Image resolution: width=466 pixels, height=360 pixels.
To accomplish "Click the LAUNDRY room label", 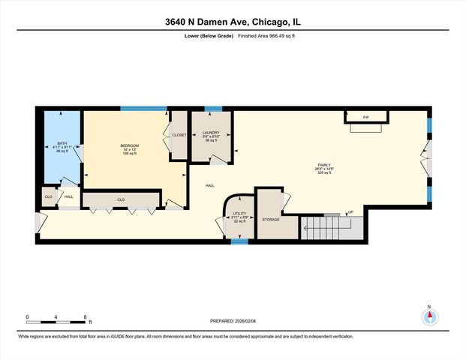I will [211, 133].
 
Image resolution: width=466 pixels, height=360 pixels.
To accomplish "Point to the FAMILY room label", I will [324, 164].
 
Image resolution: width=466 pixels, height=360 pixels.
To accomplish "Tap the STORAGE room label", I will [271, 220].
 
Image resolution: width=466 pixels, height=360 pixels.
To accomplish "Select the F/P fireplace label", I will [366, 118].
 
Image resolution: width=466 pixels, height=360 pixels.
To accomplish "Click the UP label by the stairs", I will [350, 212].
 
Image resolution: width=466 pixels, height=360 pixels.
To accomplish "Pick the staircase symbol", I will [331, 226].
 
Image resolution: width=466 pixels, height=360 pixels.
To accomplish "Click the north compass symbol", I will [429, 316].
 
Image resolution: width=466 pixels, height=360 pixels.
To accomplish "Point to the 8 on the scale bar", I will [85, 316].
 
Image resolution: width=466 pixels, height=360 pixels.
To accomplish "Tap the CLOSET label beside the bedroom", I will [179, 135].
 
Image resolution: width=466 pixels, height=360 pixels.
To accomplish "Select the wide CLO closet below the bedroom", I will [120, 199].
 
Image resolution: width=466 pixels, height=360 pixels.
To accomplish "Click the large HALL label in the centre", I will [211, 185].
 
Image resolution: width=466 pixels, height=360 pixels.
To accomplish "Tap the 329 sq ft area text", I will [324, 173].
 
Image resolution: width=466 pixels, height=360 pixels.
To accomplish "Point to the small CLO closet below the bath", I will [48, 197].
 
